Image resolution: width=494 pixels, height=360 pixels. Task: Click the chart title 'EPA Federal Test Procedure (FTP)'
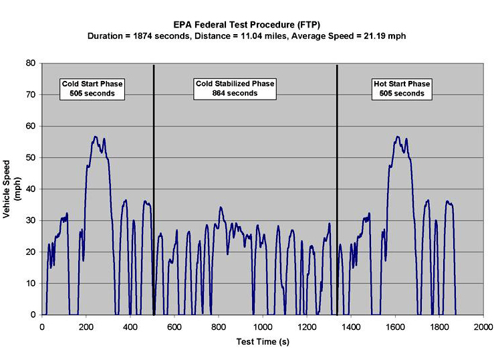[247, 23]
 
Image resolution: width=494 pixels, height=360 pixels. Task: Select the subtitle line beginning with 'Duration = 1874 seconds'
[247, 35]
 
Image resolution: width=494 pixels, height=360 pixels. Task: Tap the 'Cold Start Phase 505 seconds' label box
[92, 88]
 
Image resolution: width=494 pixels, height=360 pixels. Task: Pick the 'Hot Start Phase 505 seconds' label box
[401, 88]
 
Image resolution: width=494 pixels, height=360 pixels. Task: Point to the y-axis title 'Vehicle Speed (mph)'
[11, 189]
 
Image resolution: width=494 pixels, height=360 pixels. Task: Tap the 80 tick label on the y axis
[31, 64]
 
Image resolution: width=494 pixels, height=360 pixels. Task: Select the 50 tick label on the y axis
[31, 158]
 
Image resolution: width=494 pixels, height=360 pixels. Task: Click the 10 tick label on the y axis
[31, 283]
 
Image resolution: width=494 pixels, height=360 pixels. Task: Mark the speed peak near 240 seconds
[95, 137]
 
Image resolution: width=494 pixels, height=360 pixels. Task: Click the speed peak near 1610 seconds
[398, 137]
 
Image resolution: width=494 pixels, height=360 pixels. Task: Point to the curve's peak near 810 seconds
[220, 207]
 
